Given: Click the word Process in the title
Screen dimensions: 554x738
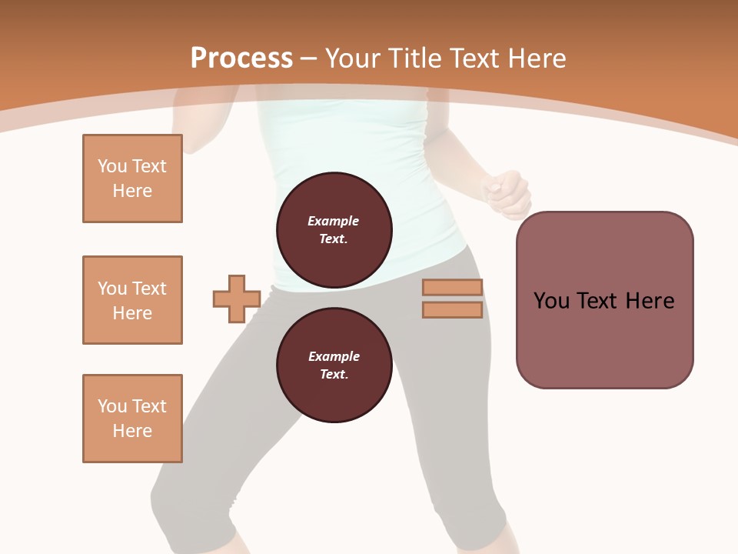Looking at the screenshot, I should (241, 58).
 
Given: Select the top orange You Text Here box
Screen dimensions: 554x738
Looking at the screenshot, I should (132, 179).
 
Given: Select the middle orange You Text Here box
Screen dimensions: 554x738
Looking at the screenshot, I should (132, 300).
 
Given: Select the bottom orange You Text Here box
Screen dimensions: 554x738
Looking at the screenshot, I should (132, 419).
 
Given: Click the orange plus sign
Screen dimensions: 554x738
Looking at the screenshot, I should (237, 299).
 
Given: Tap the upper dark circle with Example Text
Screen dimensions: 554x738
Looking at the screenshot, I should (334, 229).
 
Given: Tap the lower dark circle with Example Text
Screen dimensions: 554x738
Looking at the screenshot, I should (334, 365).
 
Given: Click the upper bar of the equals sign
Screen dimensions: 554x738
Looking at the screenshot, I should (452, 288).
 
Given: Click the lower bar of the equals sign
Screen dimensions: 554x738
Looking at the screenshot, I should (452, 310).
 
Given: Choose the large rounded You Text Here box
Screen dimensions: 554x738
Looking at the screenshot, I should (604, 300).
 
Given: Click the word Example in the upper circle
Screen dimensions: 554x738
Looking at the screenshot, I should (334, 221).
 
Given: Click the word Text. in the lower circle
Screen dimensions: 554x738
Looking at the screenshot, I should (334, 375).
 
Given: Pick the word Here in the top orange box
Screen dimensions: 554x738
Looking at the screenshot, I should (132, 191).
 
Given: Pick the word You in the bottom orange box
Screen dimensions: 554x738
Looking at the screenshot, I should (111, 406).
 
